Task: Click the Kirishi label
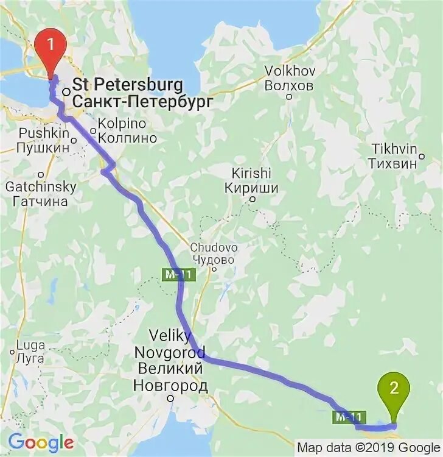tap(251, 173)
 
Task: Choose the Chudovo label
tap(214, 248)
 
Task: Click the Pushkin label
tap(37, 133)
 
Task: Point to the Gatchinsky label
tap(41, 186)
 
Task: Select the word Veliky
tap(170, 336)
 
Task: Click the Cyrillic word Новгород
tap(170, 386)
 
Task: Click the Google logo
tap(41, 442)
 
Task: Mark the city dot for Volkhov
tap(290, 96)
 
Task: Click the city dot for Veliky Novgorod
tap(172, 399)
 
